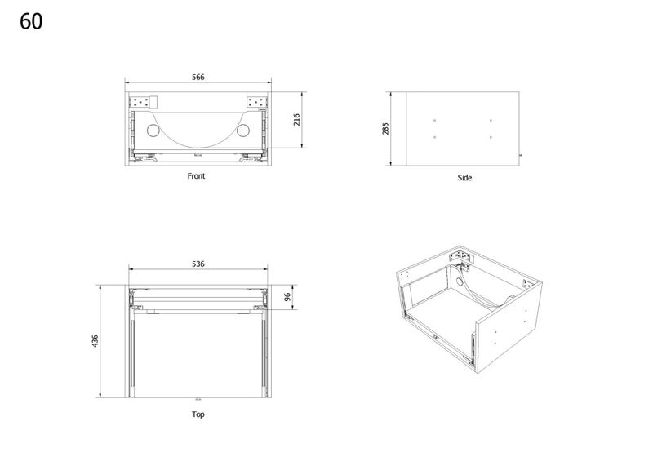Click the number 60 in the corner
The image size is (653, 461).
coord(31,21)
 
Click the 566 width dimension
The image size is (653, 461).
coord(198,77)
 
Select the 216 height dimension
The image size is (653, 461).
coord(296,119)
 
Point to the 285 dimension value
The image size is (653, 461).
coord(385,129)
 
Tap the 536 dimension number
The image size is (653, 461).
coord(198,264)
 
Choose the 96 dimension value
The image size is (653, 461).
coord(287,297)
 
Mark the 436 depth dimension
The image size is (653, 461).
coord(95,341)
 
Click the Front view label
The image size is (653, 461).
coord(196,176)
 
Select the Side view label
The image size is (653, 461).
coord(464,178)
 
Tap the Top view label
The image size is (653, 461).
coord(198,414)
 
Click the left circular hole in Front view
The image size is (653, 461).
coord(153,131)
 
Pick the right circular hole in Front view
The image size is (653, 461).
coord(242,131)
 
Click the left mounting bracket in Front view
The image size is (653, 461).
coord(140,102)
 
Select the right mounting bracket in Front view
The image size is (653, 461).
coord(257,102)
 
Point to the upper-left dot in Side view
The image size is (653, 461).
coord(435,121)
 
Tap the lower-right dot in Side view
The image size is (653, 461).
coord(491,137)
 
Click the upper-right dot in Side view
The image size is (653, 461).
coord(491,121)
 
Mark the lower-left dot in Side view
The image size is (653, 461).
coord(435,137)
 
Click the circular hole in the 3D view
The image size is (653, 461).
coord(460,281)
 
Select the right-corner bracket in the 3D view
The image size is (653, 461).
coord(527,285)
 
